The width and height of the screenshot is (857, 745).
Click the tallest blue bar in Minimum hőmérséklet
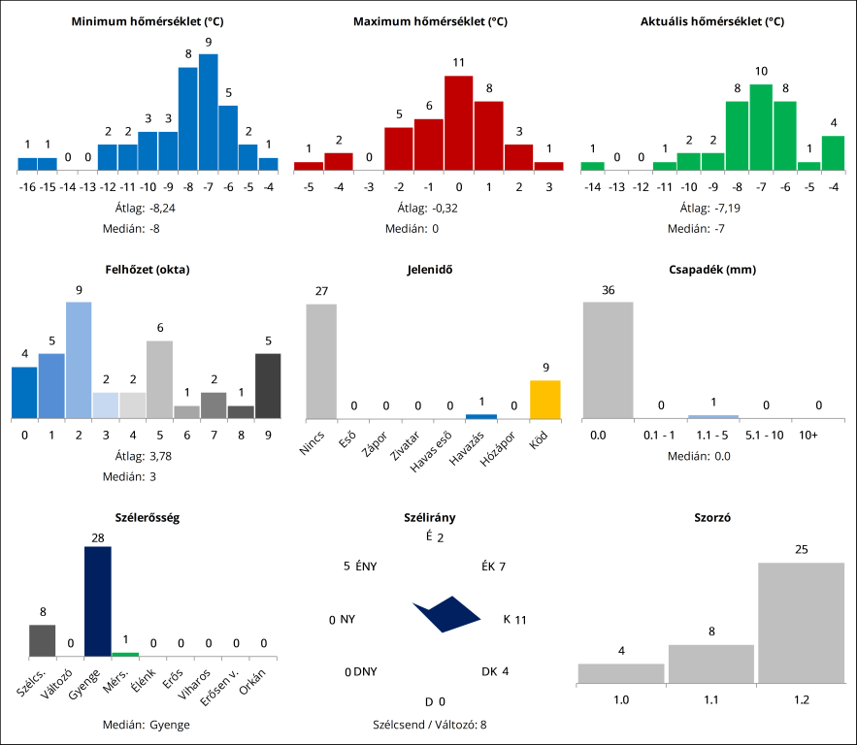coord(208,113)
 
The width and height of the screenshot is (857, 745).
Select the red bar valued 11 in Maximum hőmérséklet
coord(459,123)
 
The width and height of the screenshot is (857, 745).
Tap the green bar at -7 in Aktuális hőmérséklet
coord(761,127)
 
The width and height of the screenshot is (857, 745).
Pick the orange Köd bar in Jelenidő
coord(544,400)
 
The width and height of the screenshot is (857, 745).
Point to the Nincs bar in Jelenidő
coord(321,361)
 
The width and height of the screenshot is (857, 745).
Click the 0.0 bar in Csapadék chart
coord(608,360)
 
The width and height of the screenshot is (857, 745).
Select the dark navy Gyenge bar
coord(97,601)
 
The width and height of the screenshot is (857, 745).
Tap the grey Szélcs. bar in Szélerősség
coord(42,640)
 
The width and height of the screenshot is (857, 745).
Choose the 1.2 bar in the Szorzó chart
coord(802,623)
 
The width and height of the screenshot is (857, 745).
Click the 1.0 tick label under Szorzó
coord(621,699)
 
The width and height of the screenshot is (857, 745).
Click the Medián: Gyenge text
coord(146,725)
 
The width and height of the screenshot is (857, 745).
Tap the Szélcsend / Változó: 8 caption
coord(429,725)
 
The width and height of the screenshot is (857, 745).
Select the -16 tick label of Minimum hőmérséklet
coord(27,187)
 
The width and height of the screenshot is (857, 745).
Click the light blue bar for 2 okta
coord(79,361)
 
